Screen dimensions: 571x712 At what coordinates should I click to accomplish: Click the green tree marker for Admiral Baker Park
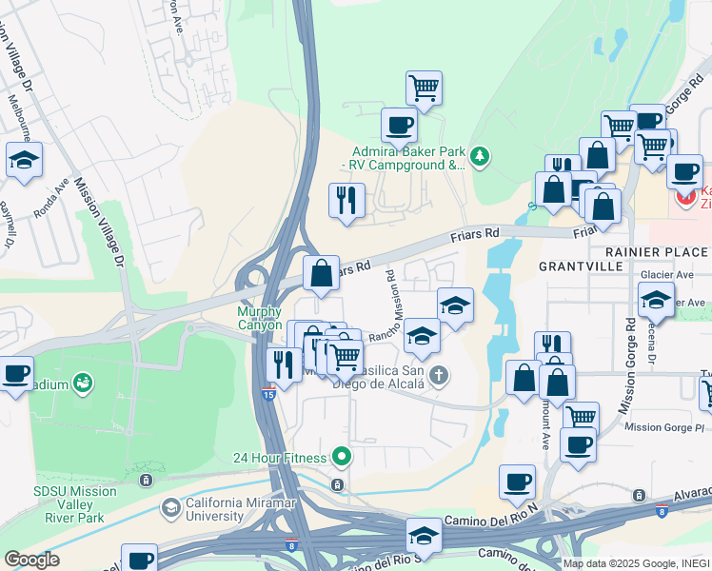click(481, 156)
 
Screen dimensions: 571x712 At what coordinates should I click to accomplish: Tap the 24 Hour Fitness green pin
click(341, 458)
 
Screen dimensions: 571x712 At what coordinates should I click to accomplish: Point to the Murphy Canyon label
click(259, 318)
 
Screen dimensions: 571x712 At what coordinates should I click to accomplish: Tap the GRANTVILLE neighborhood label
click(579, 267)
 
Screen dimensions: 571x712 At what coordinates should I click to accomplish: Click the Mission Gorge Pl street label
click(664, 427)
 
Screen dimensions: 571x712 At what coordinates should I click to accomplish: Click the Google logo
click(32, 560)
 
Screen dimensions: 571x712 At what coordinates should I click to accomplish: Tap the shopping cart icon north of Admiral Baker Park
click(424, 89)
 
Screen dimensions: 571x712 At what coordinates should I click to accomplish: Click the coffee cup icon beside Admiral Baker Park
click(399, 124)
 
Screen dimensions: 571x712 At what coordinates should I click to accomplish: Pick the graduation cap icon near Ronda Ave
click(24, 160)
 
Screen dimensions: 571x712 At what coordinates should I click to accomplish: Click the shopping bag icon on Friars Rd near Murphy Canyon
click(322, 272)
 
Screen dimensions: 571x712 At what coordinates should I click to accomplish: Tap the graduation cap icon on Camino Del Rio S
click(424, 535)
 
